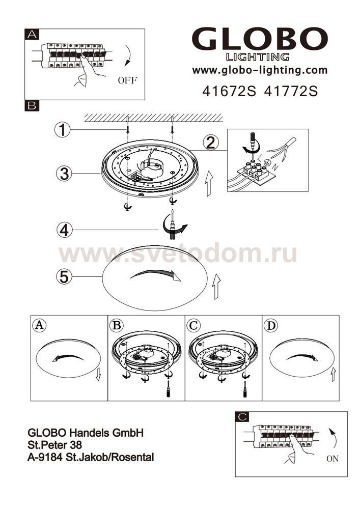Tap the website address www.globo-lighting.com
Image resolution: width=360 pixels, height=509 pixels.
point(260,70)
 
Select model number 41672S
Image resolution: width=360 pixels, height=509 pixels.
point(229,91)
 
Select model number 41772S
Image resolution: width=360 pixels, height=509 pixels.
point(291,91)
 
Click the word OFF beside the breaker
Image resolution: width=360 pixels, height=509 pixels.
point(128,80)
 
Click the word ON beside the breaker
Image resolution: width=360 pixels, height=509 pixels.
point(333,459)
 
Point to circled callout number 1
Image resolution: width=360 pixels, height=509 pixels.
point(62,130)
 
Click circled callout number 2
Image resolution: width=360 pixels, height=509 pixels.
point(211,143)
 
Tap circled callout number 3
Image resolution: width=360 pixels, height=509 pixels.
point(64,174)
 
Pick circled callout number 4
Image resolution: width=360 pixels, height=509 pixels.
point(64,230)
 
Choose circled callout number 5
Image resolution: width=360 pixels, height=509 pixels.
point(64,277)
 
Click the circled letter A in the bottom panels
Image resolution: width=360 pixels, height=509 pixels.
point(39,325)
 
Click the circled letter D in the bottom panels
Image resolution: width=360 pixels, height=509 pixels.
point(271,325)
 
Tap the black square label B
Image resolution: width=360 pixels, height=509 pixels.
point(32,106)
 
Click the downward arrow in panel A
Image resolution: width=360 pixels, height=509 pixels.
point(98,374)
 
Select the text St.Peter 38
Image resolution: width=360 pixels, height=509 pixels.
point(55,445)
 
